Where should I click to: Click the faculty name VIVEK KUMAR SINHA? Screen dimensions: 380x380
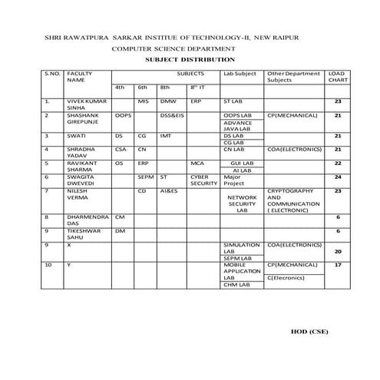(x=84, y=104)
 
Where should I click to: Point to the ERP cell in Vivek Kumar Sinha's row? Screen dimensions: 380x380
(x=196, y=101)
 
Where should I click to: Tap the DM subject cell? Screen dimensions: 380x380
(x=120, y=230)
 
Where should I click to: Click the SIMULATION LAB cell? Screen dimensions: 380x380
(x=238, y=247)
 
